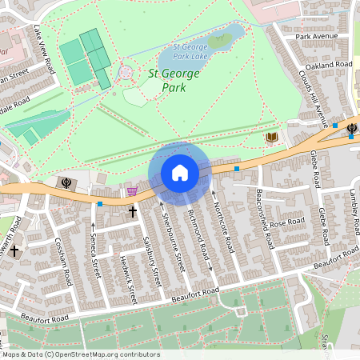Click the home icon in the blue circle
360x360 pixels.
tap(180, 173)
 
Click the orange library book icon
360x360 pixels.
tap(272, 138)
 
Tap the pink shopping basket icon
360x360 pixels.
tap(132, 190)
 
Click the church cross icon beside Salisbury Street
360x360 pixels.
tap(134, 212)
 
